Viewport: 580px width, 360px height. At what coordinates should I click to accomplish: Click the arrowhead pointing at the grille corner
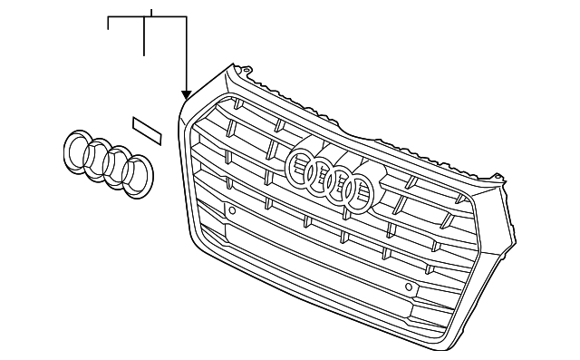click(x=186, y=94)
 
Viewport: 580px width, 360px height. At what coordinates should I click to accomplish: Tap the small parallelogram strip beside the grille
click(x=146, y=130)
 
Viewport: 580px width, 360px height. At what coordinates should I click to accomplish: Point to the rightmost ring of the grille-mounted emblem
click(x=358, y=192)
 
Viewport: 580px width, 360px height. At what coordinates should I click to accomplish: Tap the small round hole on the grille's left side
click(x=233, y=210)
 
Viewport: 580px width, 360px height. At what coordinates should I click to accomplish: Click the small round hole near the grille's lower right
click(x=409, y=287)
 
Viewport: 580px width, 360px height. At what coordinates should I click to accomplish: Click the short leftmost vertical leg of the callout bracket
click(x=109, y=24)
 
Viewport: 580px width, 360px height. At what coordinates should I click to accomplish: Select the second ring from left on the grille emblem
click(x=318, y=174)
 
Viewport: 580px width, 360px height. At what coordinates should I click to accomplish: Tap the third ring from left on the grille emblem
click(x=339, y=183)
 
